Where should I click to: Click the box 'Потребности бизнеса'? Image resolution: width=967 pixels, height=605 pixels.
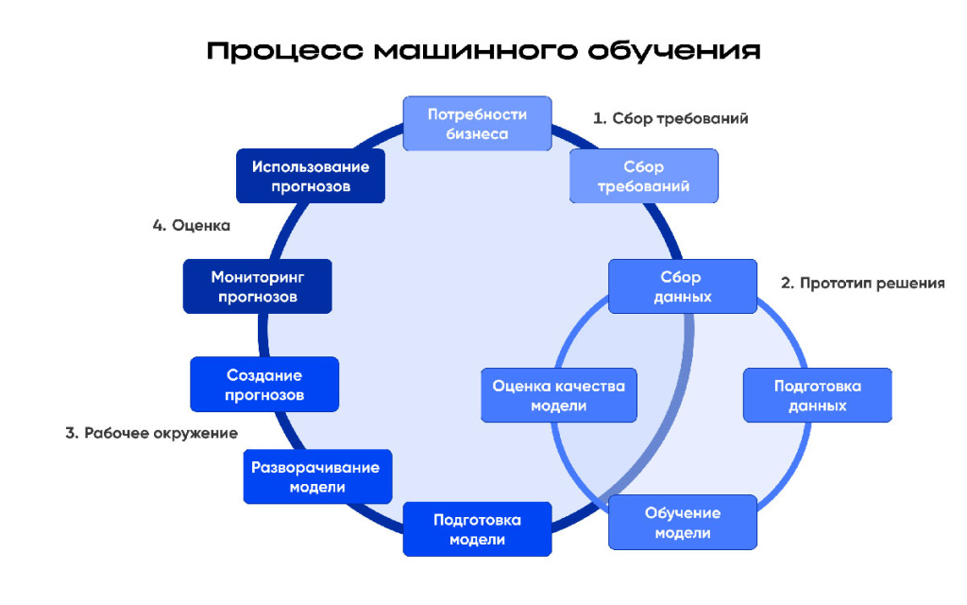[x=478, y=124]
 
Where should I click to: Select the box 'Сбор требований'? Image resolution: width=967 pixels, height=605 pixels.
[x=643, y=177]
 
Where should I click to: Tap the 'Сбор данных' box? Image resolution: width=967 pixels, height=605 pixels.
[x=682, y=286]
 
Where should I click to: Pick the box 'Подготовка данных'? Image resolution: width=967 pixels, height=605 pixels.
[x=817, y=395]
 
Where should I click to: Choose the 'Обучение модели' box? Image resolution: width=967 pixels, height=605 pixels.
[x=682, y=522]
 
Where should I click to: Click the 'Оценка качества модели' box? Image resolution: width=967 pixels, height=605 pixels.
[x=558, y=395]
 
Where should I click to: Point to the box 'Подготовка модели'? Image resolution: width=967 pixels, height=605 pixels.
[x=477, y=529]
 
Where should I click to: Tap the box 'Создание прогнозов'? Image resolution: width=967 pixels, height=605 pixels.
[x=264, y=385]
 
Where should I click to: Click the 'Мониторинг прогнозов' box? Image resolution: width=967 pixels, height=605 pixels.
[x=257, y=286]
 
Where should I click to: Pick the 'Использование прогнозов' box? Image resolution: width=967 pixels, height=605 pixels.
[x=311, y=176]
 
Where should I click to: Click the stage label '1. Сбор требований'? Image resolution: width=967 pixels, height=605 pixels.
[x=670, y=119]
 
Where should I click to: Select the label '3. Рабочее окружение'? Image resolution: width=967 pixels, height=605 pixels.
[x=151, y=433]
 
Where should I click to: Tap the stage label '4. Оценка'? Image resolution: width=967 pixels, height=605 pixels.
[x=191, y=226]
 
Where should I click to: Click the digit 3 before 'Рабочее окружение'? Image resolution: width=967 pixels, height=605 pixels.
[x=71, y=433]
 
